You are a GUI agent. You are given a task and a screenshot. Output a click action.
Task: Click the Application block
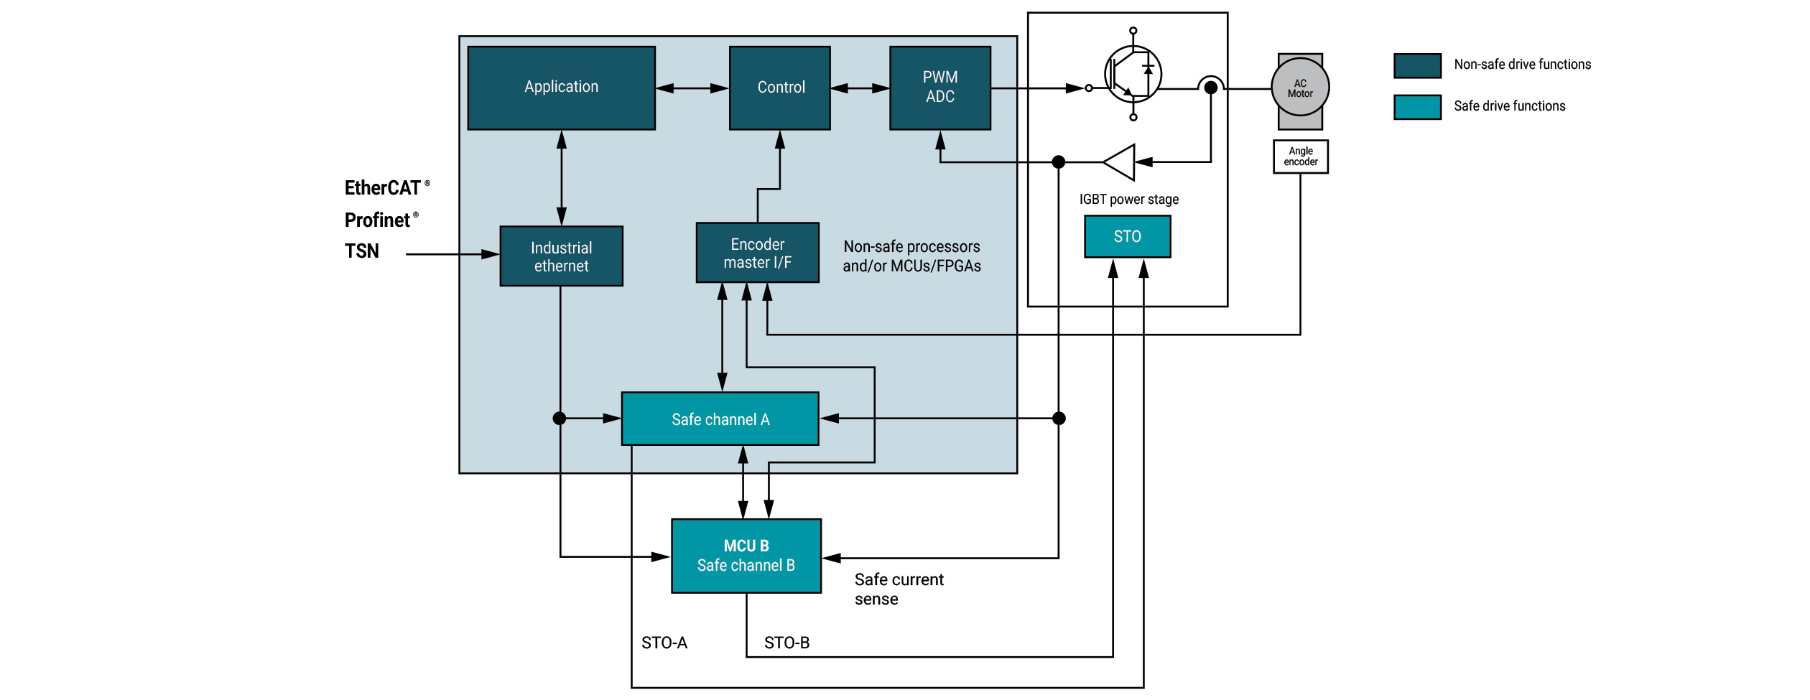(561, 88)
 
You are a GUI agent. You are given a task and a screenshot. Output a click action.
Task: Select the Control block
(780, 88)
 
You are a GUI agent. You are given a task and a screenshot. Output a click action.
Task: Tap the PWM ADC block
(939, 88)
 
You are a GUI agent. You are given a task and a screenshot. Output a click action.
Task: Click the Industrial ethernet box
(561, 256)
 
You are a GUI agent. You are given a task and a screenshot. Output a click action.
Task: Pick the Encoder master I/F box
(757, 253)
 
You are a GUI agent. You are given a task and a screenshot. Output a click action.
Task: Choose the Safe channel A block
(720, 419)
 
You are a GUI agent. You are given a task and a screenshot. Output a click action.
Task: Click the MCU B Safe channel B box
(746, 556)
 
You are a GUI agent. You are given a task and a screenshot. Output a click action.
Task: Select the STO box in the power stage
(1127, 236)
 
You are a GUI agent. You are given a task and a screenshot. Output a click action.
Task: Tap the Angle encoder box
(1300, 157)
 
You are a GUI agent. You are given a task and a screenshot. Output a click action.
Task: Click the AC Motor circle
(1300, 88)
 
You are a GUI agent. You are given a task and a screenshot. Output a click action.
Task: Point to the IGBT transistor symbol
(1133, 74)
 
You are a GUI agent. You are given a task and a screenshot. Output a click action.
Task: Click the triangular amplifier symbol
(1120, 162)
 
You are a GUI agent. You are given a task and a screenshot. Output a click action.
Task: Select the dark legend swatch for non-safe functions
(1417, 65)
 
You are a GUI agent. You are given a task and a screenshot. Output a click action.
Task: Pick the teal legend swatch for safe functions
(1417, 107)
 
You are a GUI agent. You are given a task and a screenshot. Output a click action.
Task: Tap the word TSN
(361, 251)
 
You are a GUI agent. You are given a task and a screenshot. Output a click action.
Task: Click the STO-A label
(664, 643)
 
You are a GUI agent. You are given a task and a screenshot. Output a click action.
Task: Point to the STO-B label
(786, 643)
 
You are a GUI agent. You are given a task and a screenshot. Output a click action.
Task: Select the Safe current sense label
(898, 589)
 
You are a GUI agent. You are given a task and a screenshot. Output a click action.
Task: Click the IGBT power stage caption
(1128, 200)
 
